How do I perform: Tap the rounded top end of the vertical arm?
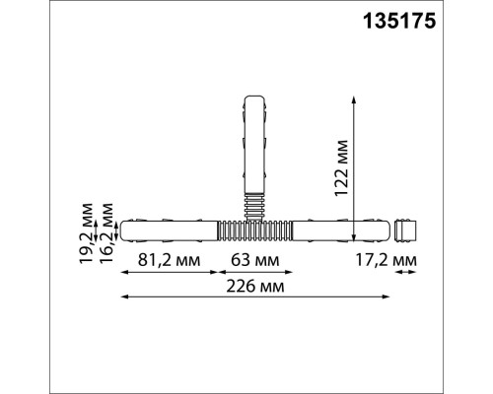(x=254, y=101)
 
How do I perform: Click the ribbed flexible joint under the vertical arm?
(x=254, y=203)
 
